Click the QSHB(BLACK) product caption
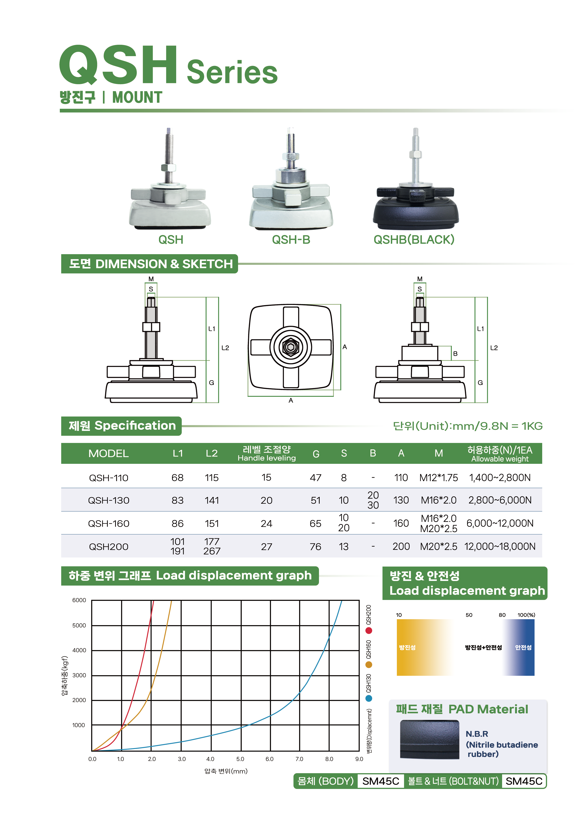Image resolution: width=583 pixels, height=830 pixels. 414,239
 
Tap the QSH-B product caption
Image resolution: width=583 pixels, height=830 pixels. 291,239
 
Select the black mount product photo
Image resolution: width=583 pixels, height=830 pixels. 416,179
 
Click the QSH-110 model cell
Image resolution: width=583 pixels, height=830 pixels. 108,478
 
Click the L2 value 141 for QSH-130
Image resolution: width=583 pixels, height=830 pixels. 212,500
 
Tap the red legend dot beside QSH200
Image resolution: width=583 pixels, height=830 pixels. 369,631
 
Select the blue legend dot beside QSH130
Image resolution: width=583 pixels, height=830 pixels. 369,699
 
